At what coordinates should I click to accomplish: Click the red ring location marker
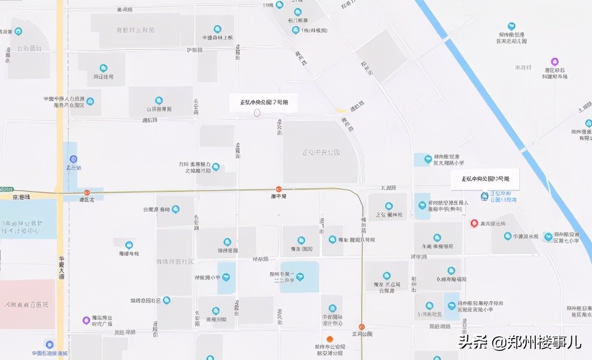tap(474, 223)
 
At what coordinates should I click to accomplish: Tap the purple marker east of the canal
tap(555, 62)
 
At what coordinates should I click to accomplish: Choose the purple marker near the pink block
tap(86, 320)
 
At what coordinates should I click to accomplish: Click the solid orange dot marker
tap(330, 339)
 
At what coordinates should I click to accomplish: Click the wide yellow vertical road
tap(59, 107)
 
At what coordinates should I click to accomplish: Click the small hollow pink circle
tap(257, 112)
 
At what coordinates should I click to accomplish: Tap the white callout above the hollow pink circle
tap(263, 102)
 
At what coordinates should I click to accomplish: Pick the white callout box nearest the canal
tap(485, 178)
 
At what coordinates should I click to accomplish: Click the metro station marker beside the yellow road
tap(87, 192)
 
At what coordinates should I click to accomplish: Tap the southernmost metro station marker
tap(362, 327)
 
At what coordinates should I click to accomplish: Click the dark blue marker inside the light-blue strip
tap(73, 159)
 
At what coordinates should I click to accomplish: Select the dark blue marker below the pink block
tap(49, 344)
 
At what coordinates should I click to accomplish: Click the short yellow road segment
tap(341, 110)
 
